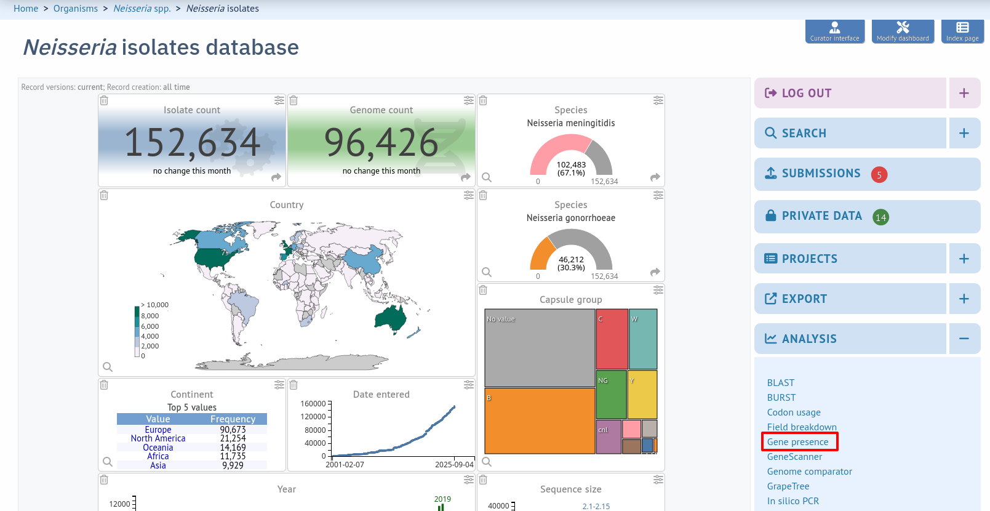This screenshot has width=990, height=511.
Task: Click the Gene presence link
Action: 797,441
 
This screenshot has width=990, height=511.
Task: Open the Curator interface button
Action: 834,31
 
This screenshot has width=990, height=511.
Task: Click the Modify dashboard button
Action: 903,31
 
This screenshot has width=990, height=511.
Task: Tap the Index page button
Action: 962,31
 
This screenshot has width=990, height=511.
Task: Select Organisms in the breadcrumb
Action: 76,9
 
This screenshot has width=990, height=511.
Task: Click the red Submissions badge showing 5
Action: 879,175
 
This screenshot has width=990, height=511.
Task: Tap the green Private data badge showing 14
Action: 881,217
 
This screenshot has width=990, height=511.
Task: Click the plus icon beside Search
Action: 964,133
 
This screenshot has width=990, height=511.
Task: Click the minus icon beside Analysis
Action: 964,339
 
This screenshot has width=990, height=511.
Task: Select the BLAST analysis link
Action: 781,383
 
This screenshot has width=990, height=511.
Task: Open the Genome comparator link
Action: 809,471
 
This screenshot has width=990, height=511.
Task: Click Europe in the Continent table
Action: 158,430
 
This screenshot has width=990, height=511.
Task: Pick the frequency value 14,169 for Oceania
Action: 233,448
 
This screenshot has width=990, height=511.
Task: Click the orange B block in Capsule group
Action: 540,421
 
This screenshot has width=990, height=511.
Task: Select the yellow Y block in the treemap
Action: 642,395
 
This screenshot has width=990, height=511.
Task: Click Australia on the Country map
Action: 390,318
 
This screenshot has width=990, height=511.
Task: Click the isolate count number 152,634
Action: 192,142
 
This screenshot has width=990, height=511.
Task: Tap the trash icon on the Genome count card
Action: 293,101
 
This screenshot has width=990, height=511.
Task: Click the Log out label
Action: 807,93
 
